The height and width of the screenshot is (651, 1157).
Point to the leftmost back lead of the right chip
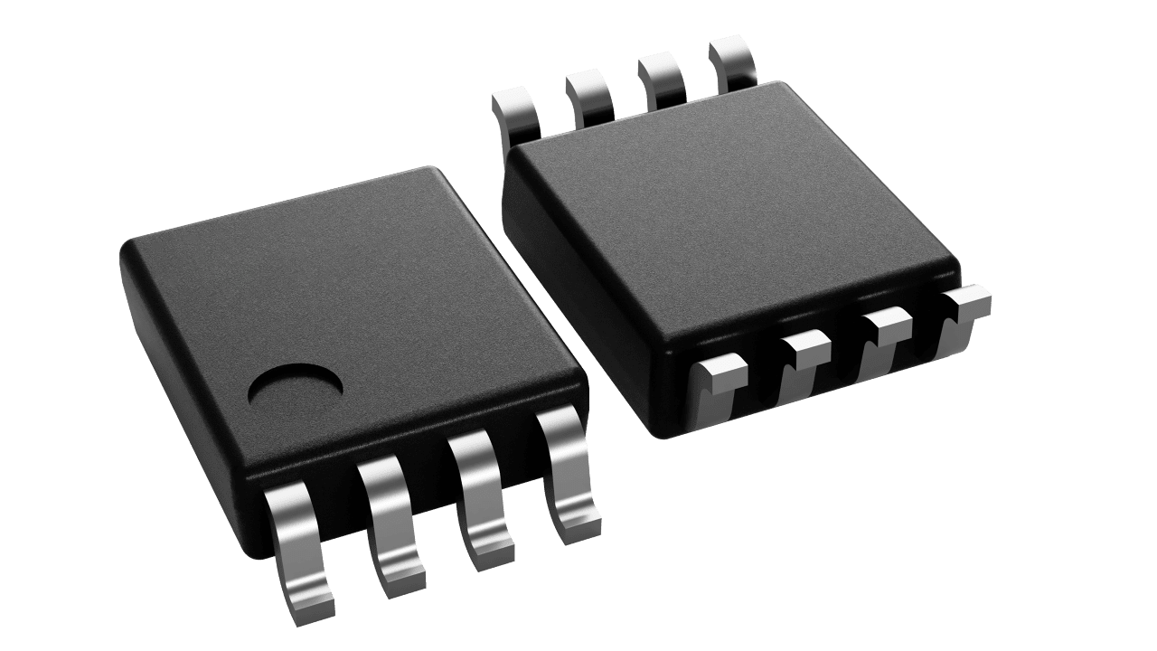click(x=513, y=113)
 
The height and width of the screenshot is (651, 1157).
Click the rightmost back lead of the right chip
click(x=733, y=61)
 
